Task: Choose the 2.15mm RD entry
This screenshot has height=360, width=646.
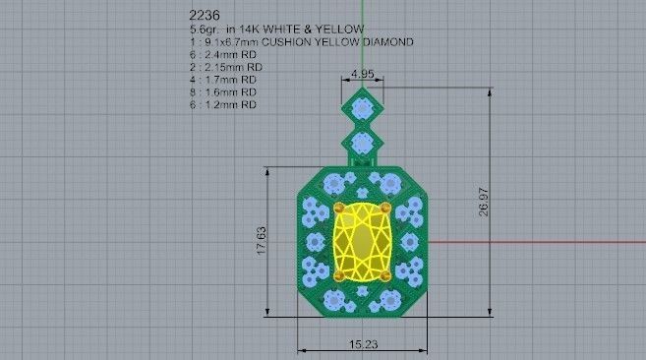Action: (x=226, y=67)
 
